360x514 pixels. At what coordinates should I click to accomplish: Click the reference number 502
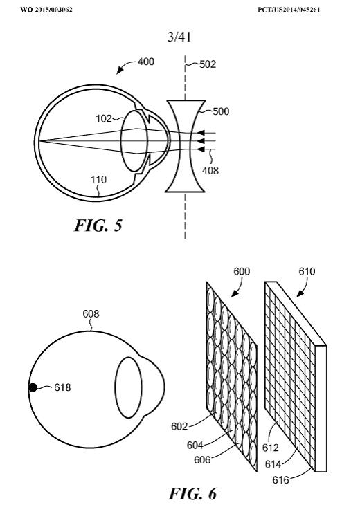[208, 64]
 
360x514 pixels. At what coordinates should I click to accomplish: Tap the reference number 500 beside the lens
[221, 111]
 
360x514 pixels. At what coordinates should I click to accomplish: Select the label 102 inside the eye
[104, 118]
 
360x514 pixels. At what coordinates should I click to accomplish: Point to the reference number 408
[210, 170]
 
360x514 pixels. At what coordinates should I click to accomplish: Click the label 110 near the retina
[98, 180]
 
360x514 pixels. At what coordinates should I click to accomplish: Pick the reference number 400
[145, 62]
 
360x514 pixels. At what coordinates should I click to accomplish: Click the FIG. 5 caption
[98, 226]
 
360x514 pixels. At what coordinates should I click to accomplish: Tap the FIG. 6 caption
[192, 494]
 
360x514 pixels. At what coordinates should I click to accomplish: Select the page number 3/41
[179, 37]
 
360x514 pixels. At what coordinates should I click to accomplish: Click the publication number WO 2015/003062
[46, 10]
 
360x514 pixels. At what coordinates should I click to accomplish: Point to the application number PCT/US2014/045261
[289, 10]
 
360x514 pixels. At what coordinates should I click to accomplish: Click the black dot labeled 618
[33, 388]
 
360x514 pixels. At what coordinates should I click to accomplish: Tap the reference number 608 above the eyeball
[91, 314]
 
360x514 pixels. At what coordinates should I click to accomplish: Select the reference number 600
[242, 271]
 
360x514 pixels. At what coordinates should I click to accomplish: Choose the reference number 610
[307, 271]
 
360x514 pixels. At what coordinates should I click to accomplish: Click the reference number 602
[179, 426]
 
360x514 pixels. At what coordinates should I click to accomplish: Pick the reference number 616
[281, 480]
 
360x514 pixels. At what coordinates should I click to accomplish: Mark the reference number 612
[271, 448]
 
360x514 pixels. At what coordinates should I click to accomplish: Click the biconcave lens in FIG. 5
[185, 146]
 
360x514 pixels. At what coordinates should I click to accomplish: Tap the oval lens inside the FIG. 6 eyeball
[128, 388]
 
